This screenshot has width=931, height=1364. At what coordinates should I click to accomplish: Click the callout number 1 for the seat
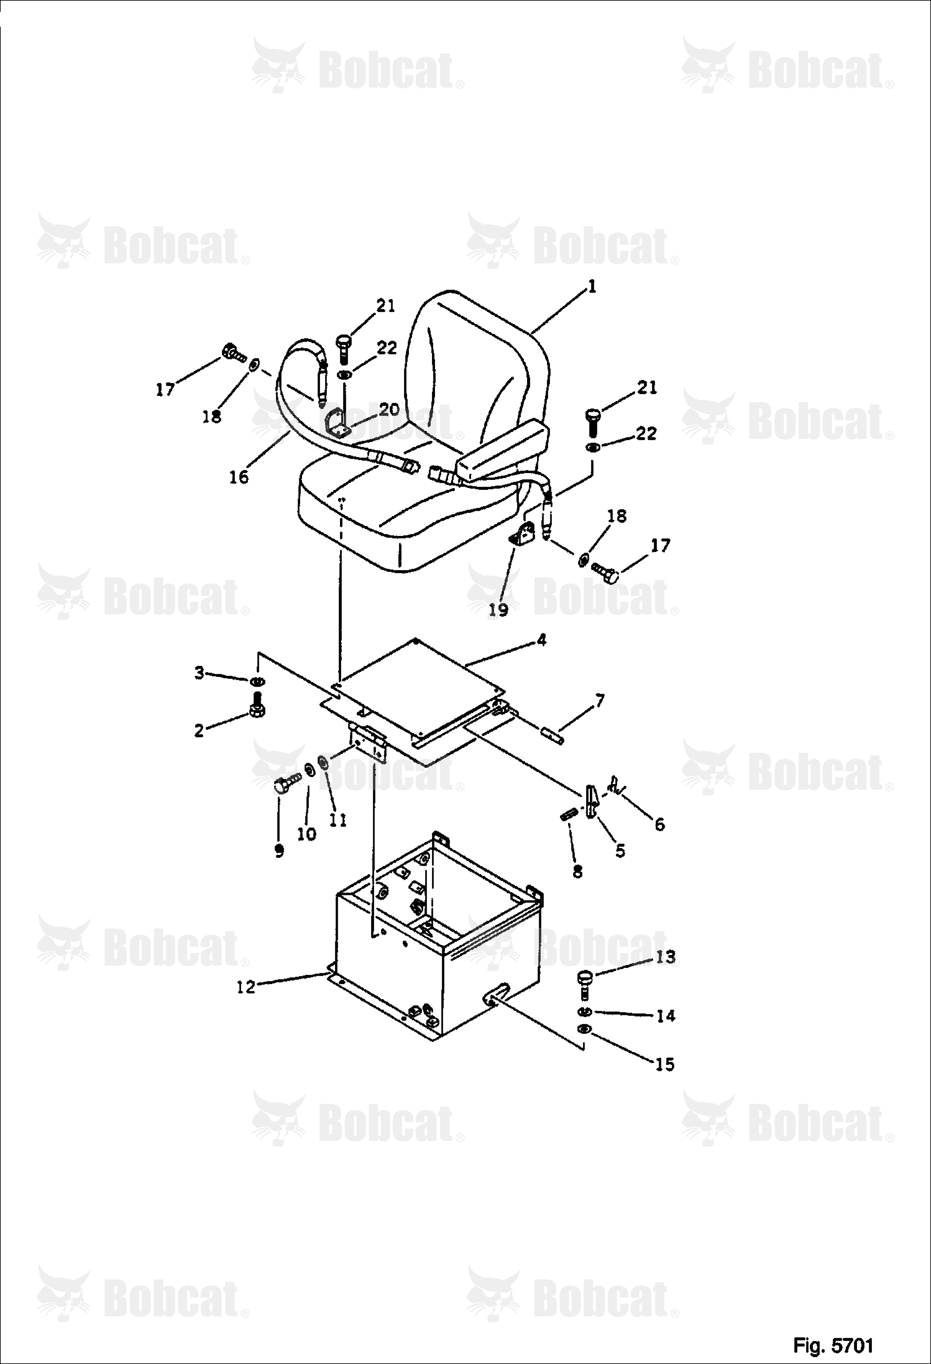(x=592, y=287)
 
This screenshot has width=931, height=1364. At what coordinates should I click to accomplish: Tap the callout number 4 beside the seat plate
(x=541, y=640)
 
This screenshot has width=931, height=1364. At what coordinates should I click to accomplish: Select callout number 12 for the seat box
(x=246, y=987)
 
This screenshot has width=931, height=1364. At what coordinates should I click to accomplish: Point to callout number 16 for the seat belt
(x=239, y=477)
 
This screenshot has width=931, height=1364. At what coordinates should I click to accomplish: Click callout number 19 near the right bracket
(x=498, y=610)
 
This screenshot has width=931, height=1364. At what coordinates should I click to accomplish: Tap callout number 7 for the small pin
(x=598, y=702)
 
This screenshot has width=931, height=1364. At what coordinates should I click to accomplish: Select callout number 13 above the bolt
(x=665, y=957)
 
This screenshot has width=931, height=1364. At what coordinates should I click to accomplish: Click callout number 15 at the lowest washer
(x=664, y=1064)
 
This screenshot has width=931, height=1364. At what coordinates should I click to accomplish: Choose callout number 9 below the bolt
(x=279, y=851)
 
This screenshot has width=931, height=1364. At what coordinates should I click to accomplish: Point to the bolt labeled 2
(x=255, y=705)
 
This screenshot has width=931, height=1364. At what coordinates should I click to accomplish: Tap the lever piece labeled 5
(x=593, y=802)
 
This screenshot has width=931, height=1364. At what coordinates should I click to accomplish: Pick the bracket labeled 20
(x=336, y=423)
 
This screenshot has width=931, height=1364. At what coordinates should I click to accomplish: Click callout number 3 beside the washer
(x=199, y=673)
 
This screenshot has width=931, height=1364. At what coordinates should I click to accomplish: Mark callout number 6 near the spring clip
(x=660, y=824)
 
